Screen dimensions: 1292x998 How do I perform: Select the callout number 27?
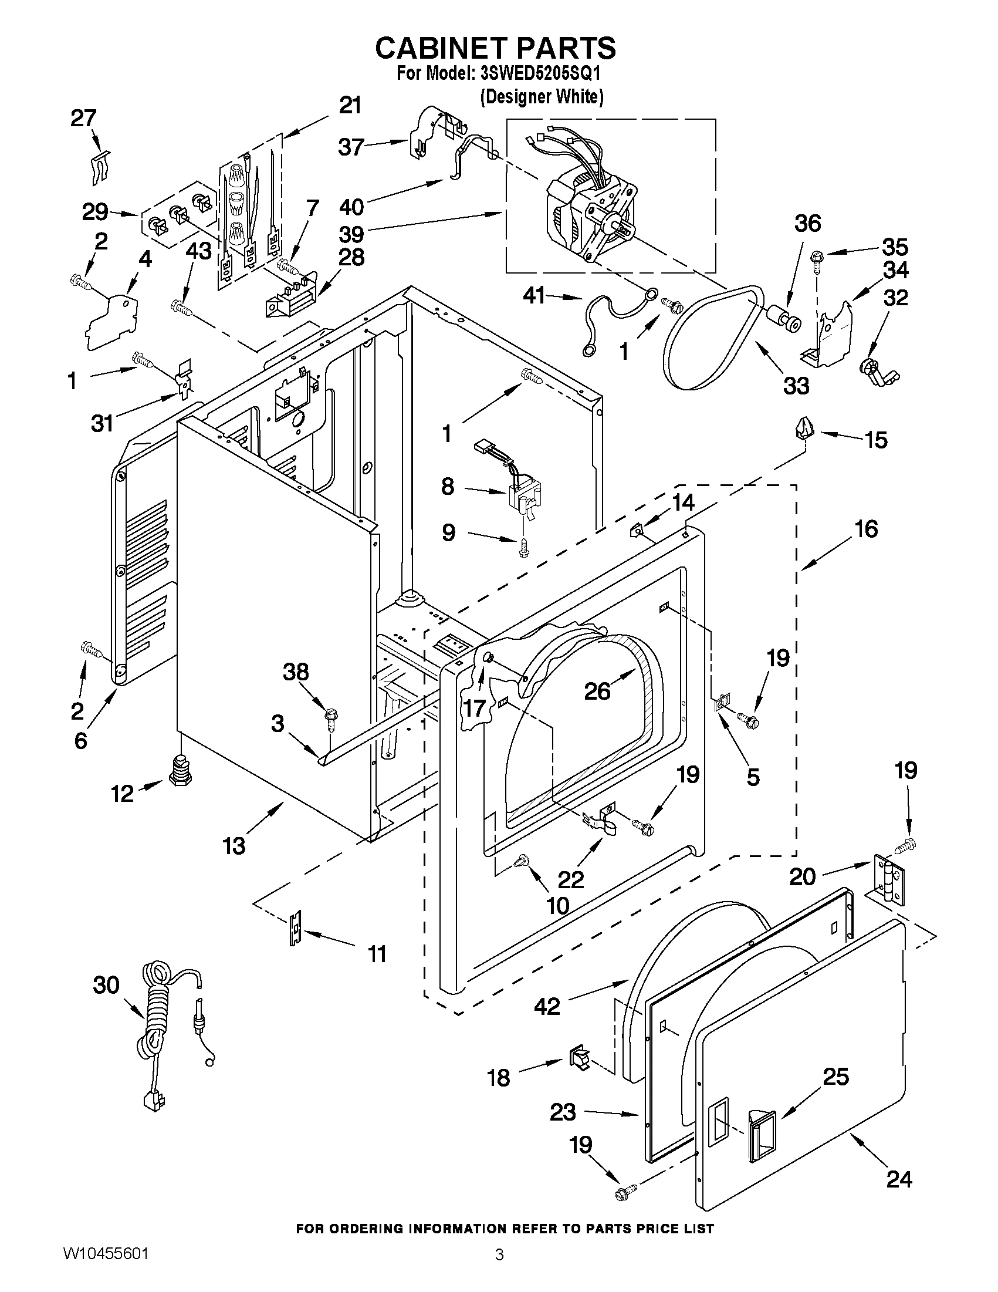83,119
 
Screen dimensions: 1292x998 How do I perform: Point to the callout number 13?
234,846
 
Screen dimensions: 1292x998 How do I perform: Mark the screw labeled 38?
330,720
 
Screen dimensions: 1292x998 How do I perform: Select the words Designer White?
542,96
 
